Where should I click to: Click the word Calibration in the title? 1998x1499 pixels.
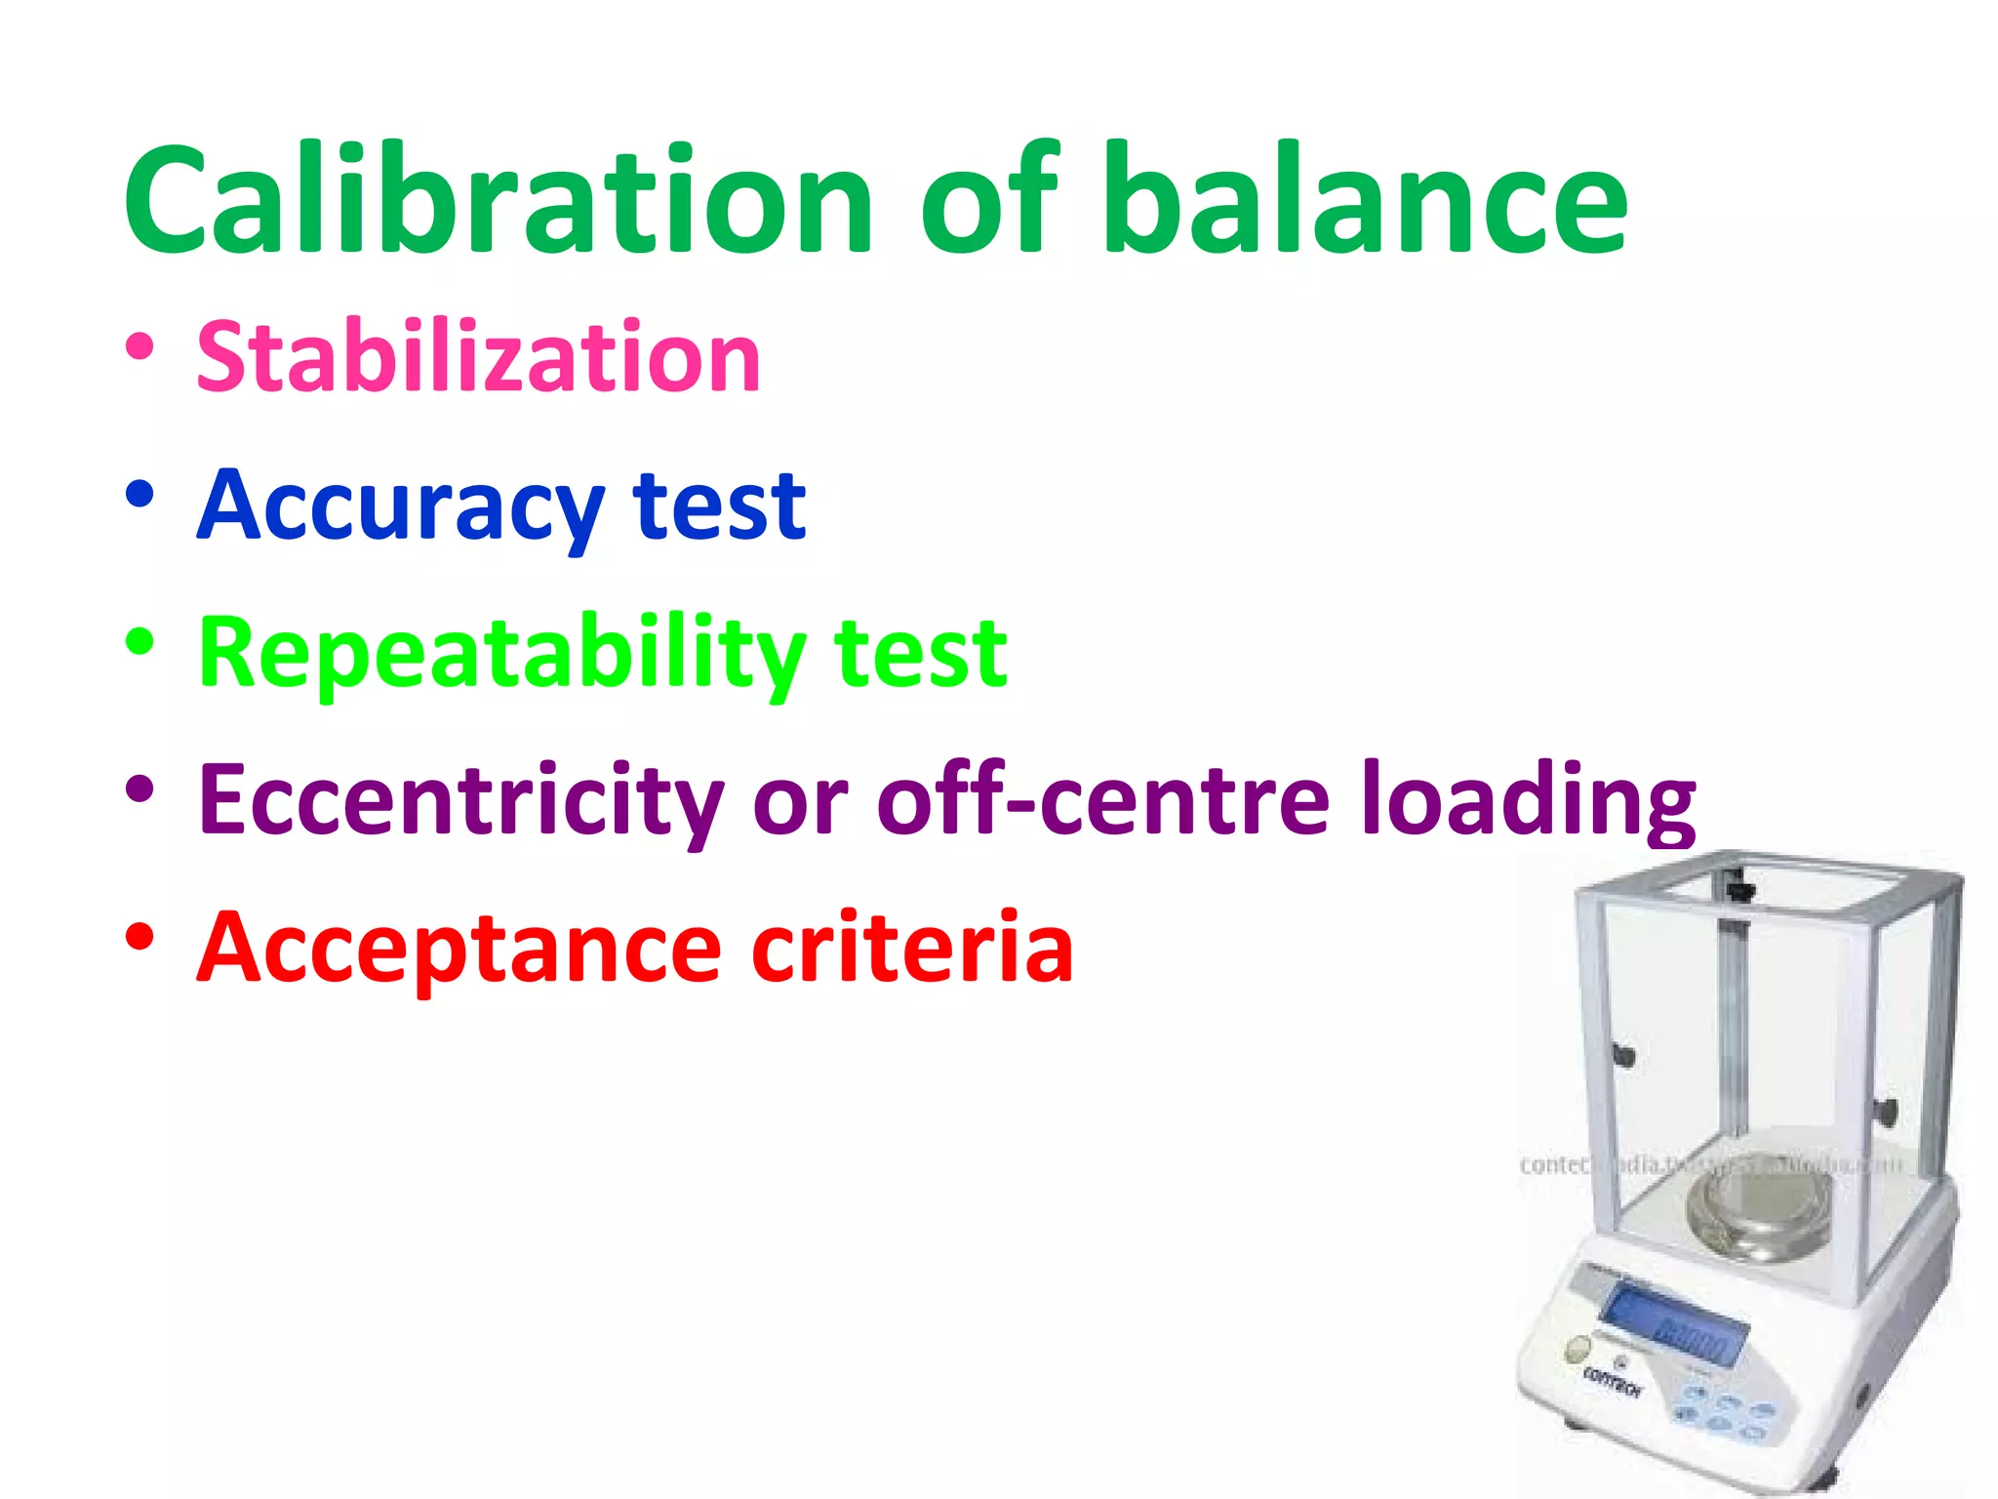[498, 200]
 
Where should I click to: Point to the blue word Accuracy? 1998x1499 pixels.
[400, 507]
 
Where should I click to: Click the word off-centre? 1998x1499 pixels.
[1102, 800]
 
